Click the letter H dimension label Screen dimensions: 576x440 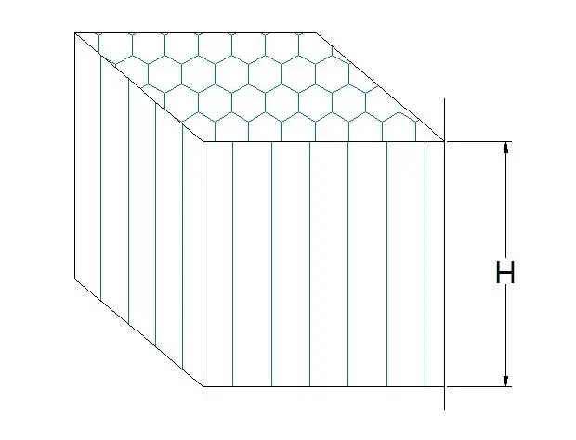point(505,274)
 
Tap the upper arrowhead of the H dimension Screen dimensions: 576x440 point(506,147)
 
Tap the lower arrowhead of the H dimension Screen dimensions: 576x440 point(506,380)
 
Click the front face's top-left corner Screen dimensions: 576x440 point(203,142)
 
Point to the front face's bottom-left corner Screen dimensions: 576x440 point(203,385)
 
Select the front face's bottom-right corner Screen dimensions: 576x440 point(444,385)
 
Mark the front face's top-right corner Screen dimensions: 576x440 point(444,142)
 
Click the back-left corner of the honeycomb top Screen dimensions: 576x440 point(75,33)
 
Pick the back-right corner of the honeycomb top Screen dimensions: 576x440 point(317,33)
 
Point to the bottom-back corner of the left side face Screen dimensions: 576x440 point(75,277)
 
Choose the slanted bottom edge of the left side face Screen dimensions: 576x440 point(139,331)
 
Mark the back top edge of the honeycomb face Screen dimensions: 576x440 point(196,33)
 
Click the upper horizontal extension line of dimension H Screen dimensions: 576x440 point(478,142)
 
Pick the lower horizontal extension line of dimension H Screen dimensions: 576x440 point(478,385)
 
